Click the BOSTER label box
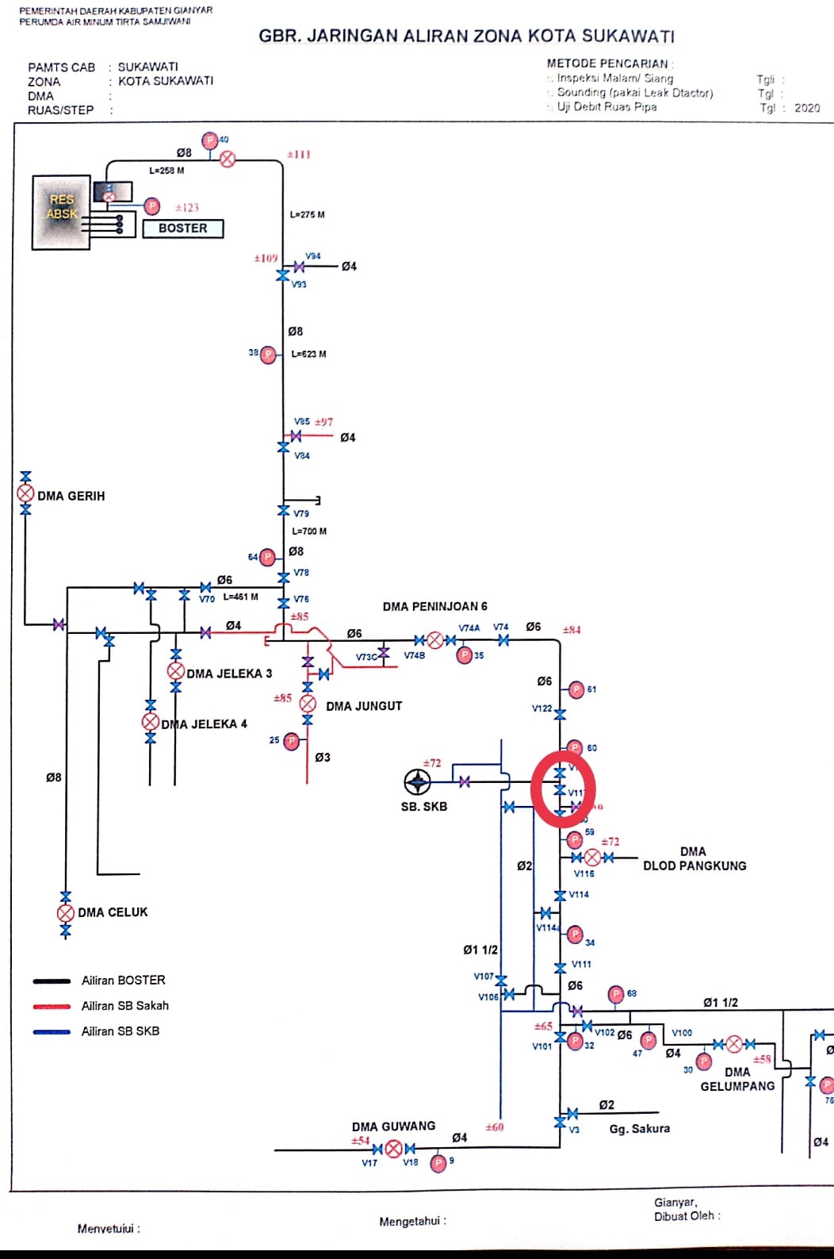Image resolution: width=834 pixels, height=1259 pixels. click(x=183, y=228)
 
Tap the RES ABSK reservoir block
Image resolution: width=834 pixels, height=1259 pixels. click(x=62, y=212)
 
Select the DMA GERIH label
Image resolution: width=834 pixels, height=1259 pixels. click(x=71, y=496)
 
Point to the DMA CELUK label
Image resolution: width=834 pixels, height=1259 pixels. click(x=113, y=912)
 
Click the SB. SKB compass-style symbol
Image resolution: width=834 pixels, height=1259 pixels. click(x=417, y=782)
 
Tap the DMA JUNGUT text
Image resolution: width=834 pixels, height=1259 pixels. click(x=364, y=706)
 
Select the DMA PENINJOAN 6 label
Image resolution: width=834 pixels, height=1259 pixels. click(x=434, y=606)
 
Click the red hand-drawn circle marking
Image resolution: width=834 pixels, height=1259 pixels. click(x=563, y=790)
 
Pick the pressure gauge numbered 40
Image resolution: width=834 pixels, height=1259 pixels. click(x=210, y=141)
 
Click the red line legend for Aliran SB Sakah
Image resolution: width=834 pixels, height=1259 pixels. click(x=52, y=1006)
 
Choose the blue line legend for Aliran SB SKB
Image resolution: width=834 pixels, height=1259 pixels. click(x=52, y=1031)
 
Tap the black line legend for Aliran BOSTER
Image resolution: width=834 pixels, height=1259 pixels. click(x=52, y=981)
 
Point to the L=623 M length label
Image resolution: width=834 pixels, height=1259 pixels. click(x=308, y=354)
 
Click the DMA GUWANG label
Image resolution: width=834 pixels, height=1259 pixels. click(x=393, y=1127)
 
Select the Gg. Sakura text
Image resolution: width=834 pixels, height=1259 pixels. click(x=639, y=1128)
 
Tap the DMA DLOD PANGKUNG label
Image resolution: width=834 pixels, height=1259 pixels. click(x=694, y=858)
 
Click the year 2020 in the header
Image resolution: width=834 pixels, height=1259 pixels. click(x=807, y=108)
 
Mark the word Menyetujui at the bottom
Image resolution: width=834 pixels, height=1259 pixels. click(x=109, y=1229)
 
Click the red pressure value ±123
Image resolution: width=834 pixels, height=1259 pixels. click(x=187, y=208)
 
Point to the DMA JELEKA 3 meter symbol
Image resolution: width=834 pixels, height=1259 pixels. click(x=176, y=671)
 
